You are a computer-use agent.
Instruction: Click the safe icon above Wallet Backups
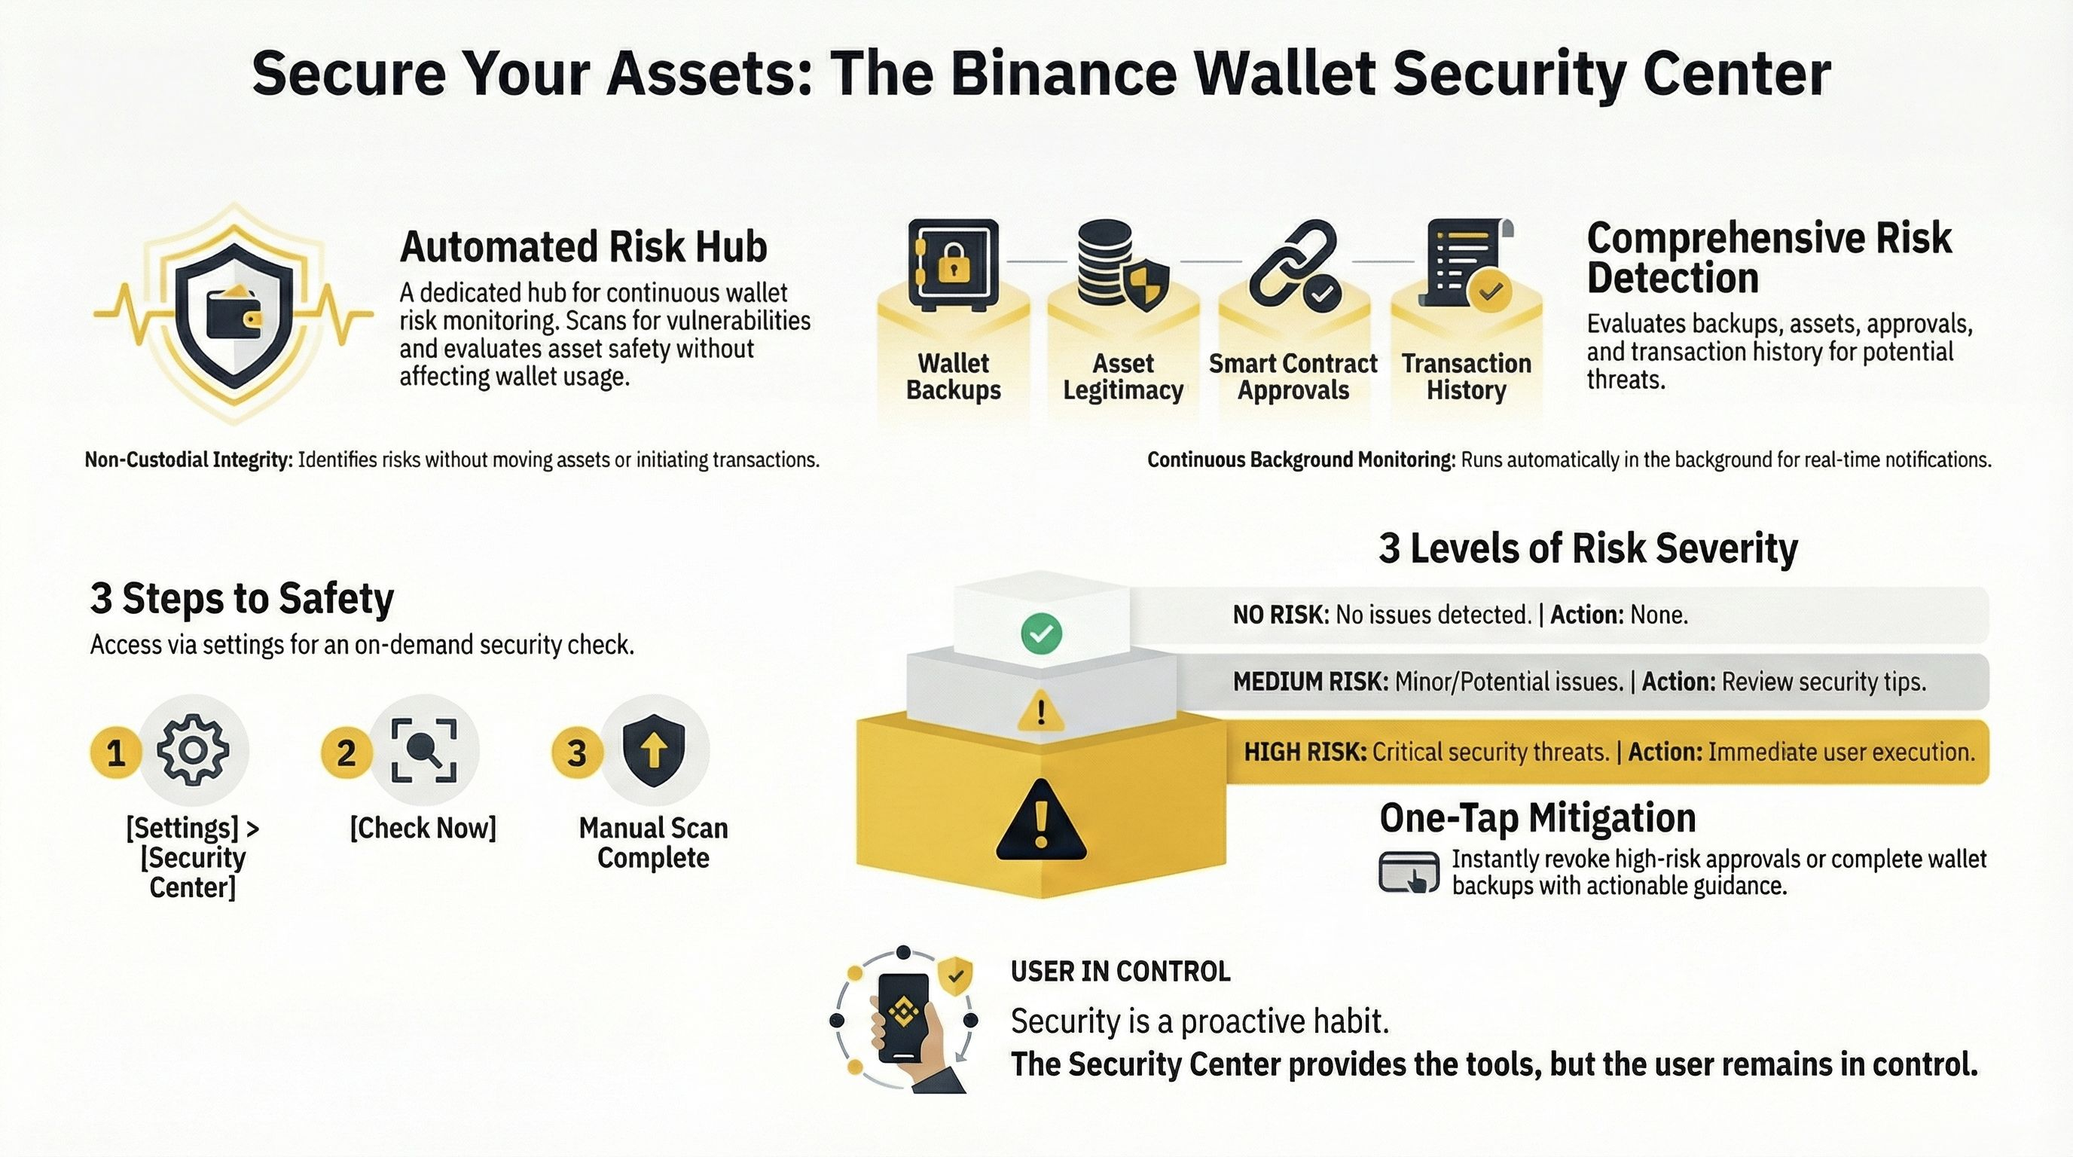[x=953, y=264]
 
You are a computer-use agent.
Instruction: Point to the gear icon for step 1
[x=192, y=750]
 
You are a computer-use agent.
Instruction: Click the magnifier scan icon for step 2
[x=424, y=751]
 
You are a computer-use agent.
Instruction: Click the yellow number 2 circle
[x=346, y=753]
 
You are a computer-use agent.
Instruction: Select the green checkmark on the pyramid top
[x=1041, y=634]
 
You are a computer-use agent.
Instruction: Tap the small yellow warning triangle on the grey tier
[x=1041, y=711]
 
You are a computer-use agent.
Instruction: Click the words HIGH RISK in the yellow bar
[x=1305, y=753]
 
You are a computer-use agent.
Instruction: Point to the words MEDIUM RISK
[x=1310, y=682]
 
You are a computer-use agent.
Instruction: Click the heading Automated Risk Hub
[x=584, y=246]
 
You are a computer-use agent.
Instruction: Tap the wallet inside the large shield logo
[x=234, y=315]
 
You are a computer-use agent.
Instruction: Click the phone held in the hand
[x=903, y=1017]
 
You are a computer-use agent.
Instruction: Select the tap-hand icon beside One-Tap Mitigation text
[x=1409, y=872]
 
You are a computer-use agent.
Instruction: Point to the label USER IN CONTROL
[x=1120, y=972]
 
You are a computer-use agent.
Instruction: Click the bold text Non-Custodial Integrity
[x=189, y=460]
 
